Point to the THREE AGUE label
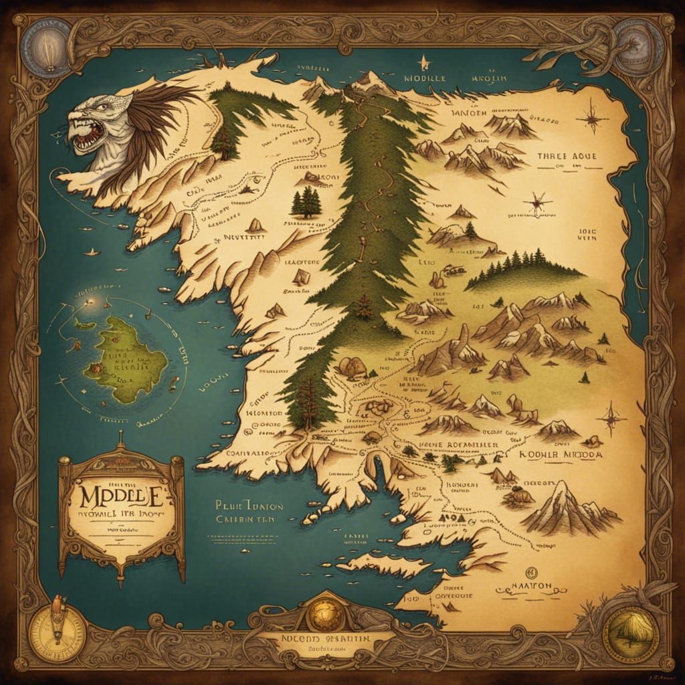[566, 157]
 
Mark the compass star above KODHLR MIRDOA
[611, 419]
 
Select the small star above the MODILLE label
[423, 64]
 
